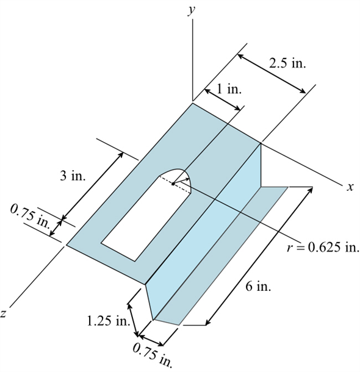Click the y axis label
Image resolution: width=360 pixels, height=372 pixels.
point(192,9)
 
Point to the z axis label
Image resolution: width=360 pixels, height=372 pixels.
point(4,313)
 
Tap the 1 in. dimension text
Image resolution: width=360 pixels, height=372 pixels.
point(230,89)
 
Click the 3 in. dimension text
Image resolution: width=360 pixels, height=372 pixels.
point(73,176)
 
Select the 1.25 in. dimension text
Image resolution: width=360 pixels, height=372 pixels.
point(106,321)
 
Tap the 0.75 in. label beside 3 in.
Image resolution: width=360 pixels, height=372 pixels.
point(30,218)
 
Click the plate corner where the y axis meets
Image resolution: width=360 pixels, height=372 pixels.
point(193,103)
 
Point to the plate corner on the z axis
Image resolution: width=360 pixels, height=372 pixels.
point(67,246)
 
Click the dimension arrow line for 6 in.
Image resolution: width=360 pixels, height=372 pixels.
point(259,256)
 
